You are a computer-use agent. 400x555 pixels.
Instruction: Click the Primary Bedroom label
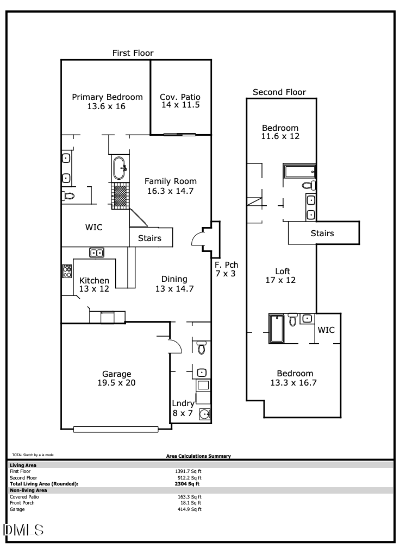[x=107, y=97]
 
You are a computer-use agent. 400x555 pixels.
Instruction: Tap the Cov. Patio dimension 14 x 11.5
[x=180, y=105]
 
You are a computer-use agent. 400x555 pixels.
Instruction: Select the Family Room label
[x=170, y=181]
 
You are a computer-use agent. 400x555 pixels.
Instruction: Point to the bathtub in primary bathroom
[x=120, y=168]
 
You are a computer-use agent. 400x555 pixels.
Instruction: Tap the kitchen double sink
[x=97, y=253]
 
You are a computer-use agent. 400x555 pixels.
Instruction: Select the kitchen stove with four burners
[x=67, y=271]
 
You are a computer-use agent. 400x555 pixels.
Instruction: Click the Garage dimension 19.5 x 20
[x=117, y=383]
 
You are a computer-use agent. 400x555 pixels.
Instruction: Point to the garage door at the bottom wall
[x=116, y=430]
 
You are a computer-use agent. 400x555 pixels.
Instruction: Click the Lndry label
[x=183, y=403]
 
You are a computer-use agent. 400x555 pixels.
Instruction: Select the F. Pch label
[x=226, y=264]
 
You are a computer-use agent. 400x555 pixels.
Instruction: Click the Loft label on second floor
[x=283, y=271]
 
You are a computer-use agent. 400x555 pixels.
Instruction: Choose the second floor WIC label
[x=326, y=330]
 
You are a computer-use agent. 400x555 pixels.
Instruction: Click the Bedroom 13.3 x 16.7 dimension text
[x=295, y=383]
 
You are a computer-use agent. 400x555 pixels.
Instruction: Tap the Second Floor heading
[x=279, y=92]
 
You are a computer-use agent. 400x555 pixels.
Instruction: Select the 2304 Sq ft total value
[x=188, y=483]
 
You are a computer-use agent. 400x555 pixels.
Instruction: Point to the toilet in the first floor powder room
[x=202, y=348]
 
